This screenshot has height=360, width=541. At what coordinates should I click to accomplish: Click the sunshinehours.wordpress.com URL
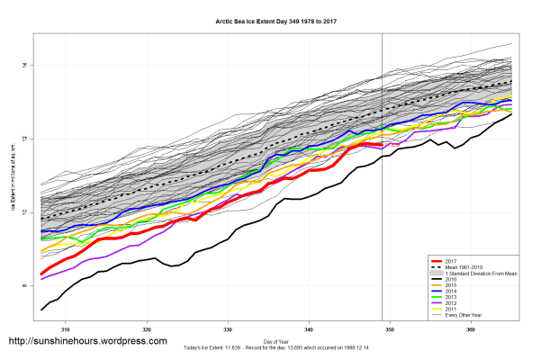pos(87,341)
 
